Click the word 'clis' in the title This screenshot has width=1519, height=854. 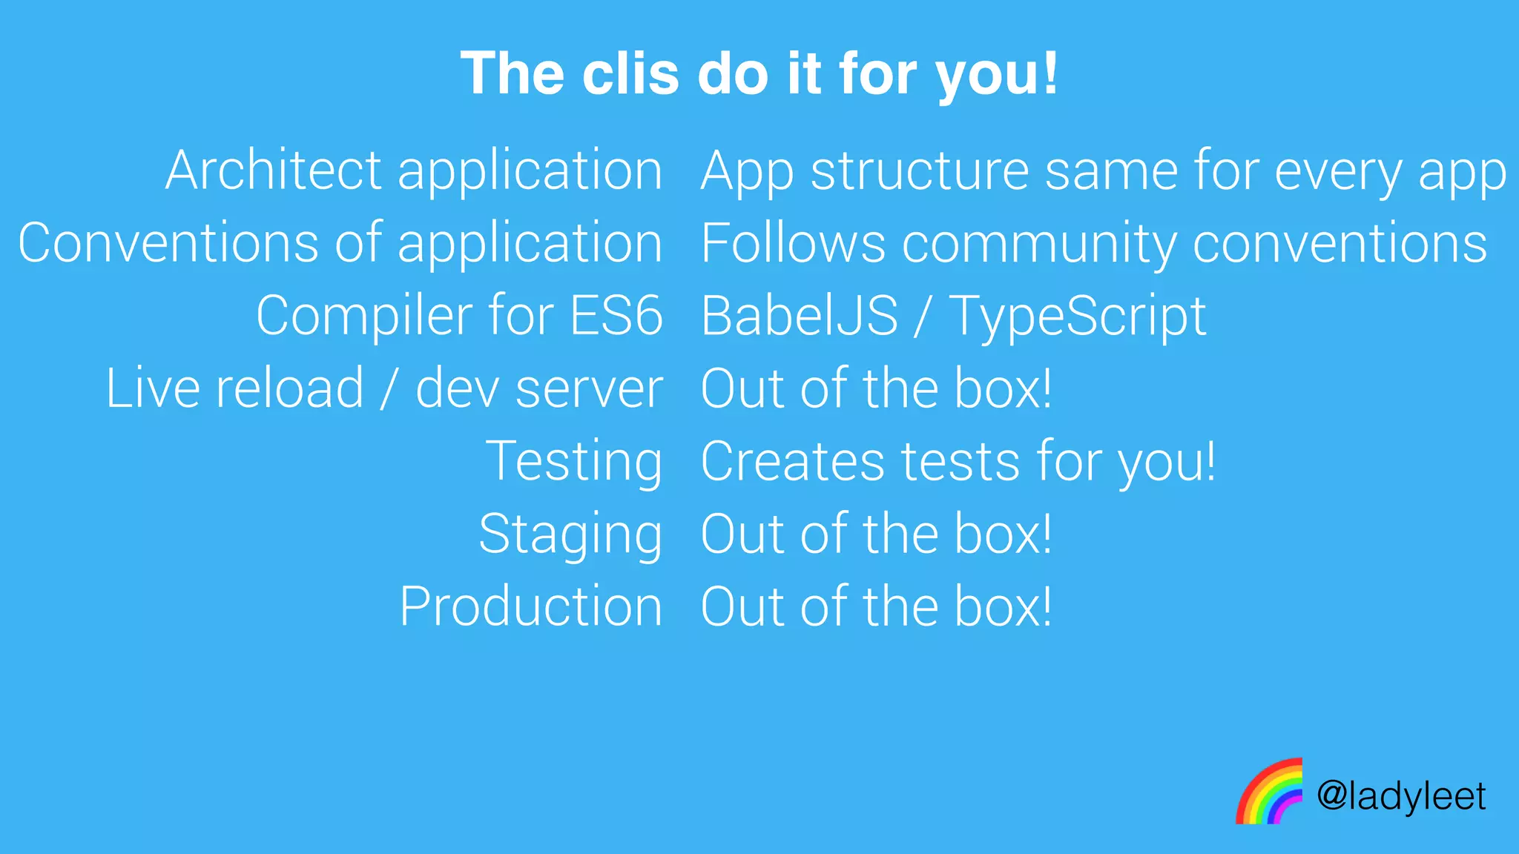point(630,73)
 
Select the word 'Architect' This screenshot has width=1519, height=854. point(273,171)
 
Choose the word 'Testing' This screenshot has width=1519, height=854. point(573,462)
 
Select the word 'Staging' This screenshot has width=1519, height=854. point(570,534)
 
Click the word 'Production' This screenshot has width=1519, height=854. point(530,606)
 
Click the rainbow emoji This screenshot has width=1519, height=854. point(1269,792)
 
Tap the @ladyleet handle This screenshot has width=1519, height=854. point(1401,796)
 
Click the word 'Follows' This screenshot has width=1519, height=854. point(793,243)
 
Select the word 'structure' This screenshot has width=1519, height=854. point(920,171)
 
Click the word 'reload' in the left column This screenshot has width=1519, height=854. point(289,388)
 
